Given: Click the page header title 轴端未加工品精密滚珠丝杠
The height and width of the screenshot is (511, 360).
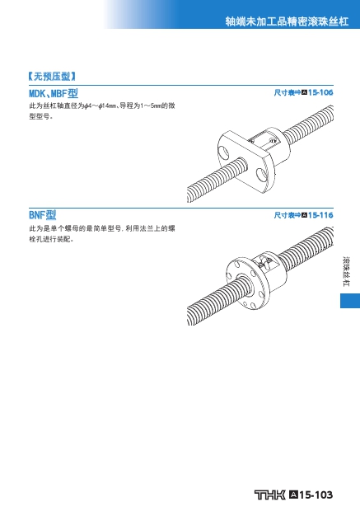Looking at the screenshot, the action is click(287, 21).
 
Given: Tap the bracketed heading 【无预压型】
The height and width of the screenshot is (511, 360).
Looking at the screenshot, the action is click(52, 77).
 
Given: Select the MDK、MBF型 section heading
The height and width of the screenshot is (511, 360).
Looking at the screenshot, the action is click(54, 93).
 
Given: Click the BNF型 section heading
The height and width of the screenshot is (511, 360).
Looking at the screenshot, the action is click(43, 215).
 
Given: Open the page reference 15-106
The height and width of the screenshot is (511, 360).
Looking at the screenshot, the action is click(320, 92).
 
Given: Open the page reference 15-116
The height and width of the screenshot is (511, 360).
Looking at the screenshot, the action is click(320, 215).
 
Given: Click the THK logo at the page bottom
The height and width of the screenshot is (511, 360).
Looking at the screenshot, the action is click(269, 495).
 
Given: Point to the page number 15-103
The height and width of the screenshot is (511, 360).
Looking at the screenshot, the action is click(316, 495).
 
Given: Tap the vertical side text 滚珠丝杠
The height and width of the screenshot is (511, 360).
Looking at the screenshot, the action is click(346, 272).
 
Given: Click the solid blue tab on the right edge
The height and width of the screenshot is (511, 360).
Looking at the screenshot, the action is click(350, 301).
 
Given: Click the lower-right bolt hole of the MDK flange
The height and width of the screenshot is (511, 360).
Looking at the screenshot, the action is click(261, 175).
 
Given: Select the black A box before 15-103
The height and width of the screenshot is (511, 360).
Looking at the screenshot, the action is click(293, 495).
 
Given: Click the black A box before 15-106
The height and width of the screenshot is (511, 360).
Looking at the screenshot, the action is click(304, 92).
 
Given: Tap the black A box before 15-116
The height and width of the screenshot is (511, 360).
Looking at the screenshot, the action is click(304, 215).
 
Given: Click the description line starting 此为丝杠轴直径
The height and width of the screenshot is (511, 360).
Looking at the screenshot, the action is click(102, 106).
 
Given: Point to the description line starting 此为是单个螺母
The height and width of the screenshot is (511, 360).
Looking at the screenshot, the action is click(102, 228).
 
